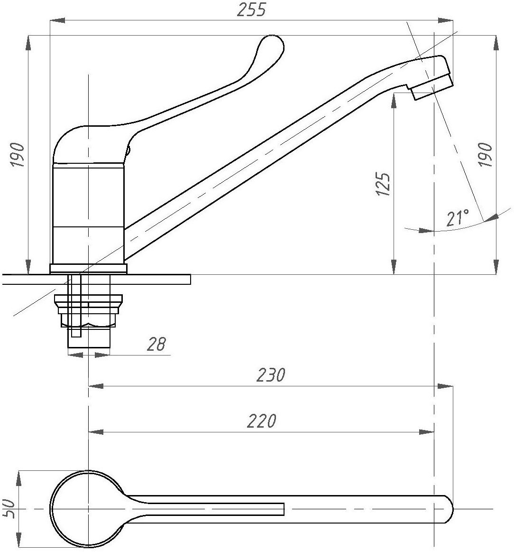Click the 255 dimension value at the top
(251, 9)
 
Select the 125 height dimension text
(383, 184)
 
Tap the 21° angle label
(458, 217)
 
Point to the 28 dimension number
(156, 344)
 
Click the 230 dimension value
(271, 375)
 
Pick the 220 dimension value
(261, 421)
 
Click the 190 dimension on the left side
(18, 154)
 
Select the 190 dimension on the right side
(486, 154)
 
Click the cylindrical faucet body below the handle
(88, 214)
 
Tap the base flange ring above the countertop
(88, 269)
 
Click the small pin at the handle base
(128, 151)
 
